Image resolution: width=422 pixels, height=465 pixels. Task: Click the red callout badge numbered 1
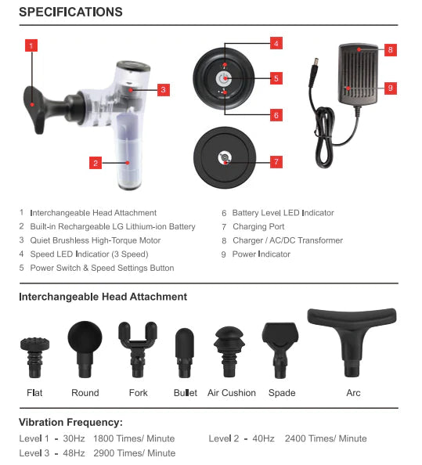(31, 45)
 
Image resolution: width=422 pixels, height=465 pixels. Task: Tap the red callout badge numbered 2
(96, 163)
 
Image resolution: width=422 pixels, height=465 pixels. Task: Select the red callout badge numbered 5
(276, 78)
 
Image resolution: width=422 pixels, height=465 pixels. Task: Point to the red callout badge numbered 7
(276, 162)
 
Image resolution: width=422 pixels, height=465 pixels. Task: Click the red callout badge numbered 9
(390, 88)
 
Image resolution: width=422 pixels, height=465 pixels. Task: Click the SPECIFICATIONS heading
(70, 12)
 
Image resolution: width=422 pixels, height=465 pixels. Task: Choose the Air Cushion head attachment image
(231, 351)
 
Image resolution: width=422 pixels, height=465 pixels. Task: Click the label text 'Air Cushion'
(231, 393)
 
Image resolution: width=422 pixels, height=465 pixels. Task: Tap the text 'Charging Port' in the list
(258, 226)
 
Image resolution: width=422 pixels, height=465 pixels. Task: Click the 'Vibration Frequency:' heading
(70, 423)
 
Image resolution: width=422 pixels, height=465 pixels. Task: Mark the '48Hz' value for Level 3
(74, 453)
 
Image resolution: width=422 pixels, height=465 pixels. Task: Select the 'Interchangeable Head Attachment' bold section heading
(103, 297)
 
